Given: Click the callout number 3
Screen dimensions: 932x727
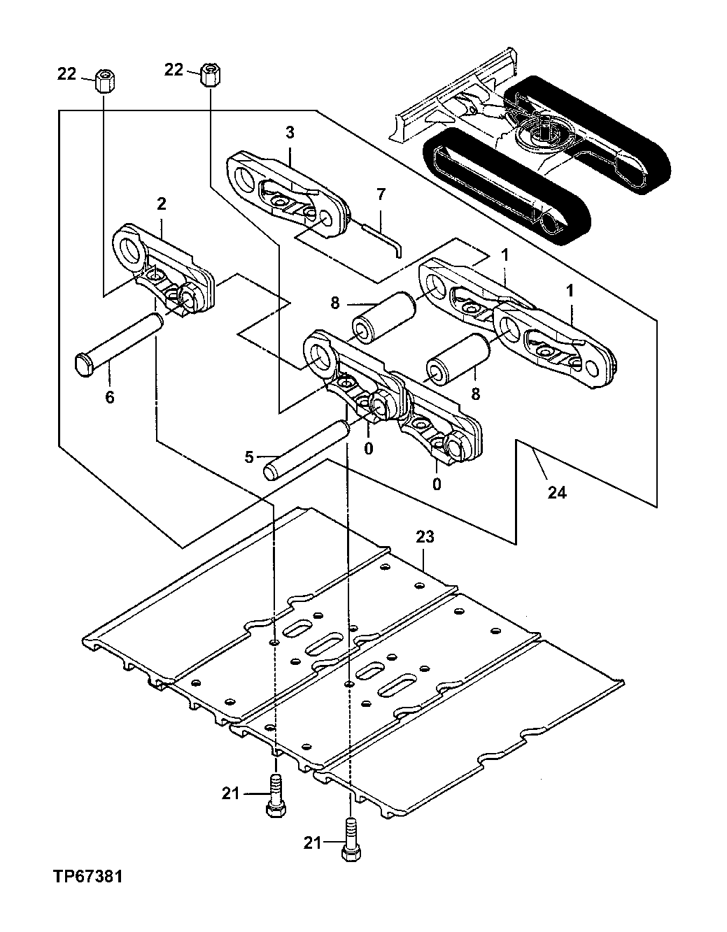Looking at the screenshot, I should (x=289, y=133).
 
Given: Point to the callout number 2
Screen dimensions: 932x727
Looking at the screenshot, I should (x=161, y=204).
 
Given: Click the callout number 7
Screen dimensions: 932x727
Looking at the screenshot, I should (x=381, y=194).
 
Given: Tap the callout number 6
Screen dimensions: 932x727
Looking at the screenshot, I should (x=109, y=397).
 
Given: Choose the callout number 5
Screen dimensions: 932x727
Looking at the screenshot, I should (x=249, y=458).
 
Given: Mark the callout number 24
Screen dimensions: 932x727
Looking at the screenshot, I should (x=556, y=492).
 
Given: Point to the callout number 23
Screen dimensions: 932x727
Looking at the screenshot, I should (x=425, y=537).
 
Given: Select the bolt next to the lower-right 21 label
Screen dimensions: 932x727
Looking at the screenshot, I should (x=349, y=843).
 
